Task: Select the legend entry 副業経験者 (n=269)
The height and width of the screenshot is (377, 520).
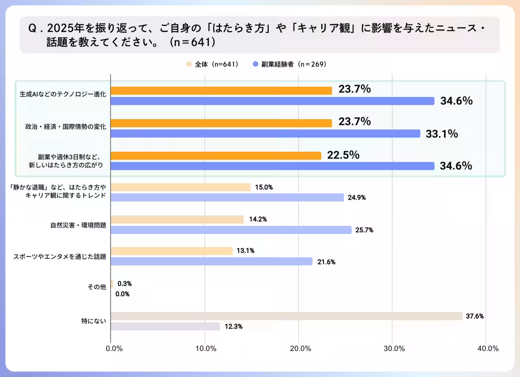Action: coord(289,64)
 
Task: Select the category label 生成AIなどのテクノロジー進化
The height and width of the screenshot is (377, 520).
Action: coord(63,94)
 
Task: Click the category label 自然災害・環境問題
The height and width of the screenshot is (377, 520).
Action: coord(78,225)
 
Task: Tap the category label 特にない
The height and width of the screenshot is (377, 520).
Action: coord(94,322)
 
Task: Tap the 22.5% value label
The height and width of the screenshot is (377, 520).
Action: coord(343,155)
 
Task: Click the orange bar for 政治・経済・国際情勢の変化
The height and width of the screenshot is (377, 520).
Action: coord(221,123)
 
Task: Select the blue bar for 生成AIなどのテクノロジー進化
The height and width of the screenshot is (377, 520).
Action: coord(273,101)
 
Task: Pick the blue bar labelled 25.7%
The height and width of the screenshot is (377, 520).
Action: coord(231,230)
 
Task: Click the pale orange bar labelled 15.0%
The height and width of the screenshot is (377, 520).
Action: coord(181,187)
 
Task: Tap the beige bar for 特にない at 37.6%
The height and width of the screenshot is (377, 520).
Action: coord(286,316)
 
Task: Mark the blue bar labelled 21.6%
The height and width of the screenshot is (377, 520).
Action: coord(211,261)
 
